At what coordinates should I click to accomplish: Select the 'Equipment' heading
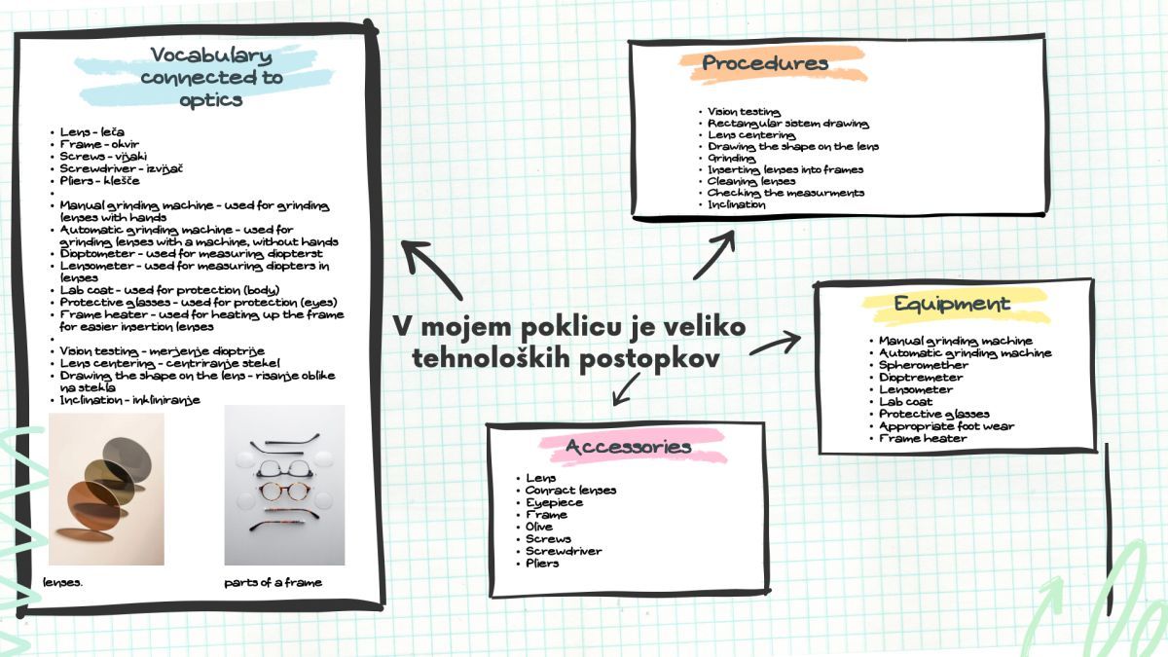[952, 304]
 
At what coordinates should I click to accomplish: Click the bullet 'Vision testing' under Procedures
[744, 112]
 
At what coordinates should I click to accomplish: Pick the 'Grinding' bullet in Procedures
[731, 158]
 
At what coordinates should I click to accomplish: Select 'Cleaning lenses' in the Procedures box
[751, 181]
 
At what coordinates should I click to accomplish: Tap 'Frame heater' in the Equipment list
[923, 439]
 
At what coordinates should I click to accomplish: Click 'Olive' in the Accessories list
[538, 527]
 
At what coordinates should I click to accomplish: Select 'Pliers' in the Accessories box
[541, 564]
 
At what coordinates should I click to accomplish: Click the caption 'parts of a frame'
[273, 583]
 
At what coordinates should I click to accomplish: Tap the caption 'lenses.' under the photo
[63, 583]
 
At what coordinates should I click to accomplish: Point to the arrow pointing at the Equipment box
[776, 344]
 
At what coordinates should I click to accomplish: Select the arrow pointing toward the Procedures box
[715, 256]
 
